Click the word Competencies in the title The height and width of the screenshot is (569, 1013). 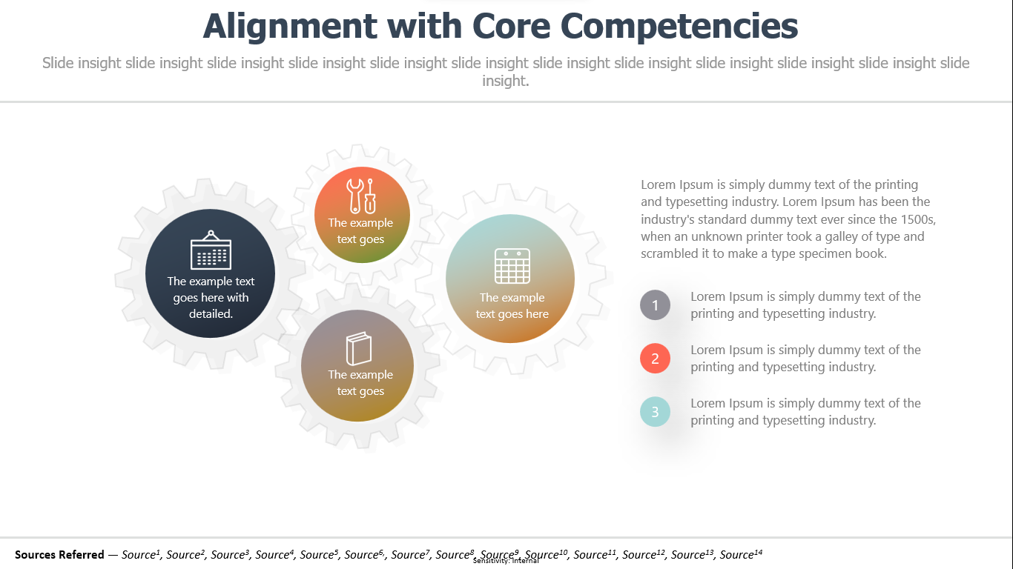(x=679, y=26)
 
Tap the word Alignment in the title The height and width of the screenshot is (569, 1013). (x=290, y=26)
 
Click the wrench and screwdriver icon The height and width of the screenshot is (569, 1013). (x=361, y=196)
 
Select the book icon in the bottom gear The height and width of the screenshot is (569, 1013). (x=359, y=348)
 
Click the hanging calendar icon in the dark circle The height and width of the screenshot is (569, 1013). (x=211, y=250)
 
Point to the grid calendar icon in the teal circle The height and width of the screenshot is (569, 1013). (x=512, y=266)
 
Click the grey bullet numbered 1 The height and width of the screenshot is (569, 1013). (x=655, y=305)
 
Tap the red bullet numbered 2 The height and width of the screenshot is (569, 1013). (x=655, y=359)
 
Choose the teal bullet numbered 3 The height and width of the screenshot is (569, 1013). (x=655, y=412)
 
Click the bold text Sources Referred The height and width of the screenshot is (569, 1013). (x=59, y=554)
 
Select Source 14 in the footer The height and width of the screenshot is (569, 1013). (x=741, y=554)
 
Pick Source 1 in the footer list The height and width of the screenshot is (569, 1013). (x=141, y=554)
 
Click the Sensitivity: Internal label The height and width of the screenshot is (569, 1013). (x=506, y=561)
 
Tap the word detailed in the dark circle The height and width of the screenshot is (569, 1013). (x=211, y=313)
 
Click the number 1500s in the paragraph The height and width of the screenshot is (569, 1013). (x=919, y=219)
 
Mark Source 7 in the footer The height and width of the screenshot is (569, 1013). (x=410, y=554)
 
